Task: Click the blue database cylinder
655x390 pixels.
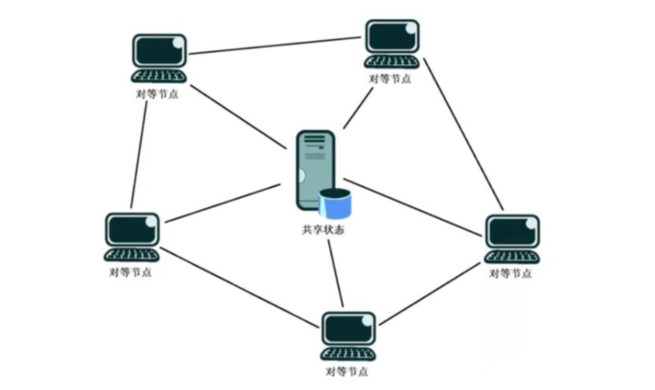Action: tap(335, 204)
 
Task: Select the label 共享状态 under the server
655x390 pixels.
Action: tap(323, 231)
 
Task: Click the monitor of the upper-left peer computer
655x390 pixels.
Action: tap(159, 51)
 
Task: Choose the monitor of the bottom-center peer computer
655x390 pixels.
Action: tap(348, 329)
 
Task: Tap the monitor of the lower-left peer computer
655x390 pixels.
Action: tap(132, 229)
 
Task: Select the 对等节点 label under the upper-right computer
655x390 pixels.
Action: tap(389, 79)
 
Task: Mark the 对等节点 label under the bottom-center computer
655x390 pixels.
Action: tap(346, 372)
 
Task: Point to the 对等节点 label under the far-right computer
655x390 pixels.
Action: tap(511, 274)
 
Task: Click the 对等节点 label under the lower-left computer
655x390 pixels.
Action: tap(130, 272)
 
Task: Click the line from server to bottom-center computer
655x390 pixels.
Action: tap(335, 273)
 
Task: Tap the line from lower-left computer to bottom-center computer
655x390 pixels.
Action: tap(240, 286)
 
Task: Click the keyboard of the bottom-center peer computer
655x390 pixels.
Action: tap(348, 354)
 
